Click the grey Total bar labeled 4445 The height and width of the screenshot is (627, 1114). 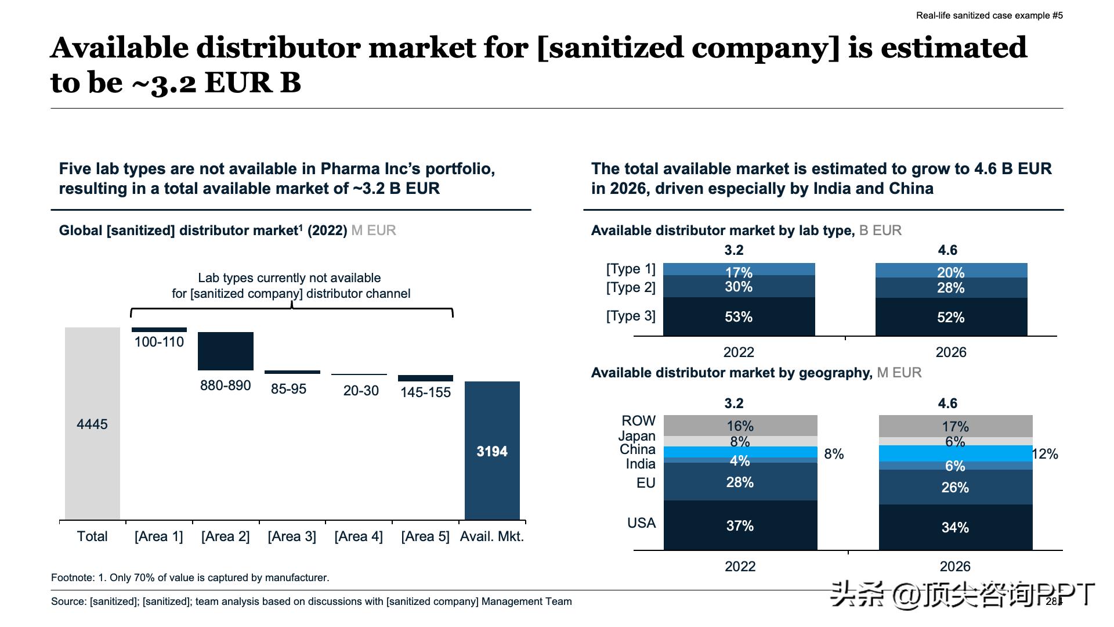pos(92,423)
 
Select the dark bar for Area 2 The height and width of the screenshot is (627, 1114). pos(226,351)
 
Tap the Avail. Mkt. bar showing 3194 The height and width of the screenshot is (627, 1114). pos(492,451)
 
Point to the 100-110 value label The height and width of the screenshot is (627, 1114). pos(159,342)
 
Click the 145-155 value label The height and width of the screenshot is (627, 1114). pos(425,392)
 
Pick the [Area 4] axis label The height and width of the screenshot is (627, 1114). pos(359,536)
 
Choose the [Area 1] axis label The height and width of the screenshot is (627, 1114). pos(158,536)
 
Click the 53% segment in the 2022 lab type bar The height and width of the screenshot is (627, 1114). pos(739,316)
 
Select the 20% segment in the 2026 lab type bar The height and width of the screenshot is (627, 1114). pos(951,271)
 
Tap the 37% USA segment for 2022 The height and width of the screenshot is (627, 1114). pos(740,525)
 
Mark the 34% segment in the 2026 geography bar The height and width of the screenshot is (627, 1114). pos(955,527)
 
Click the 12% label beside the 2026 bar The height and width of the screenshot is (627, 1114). pos(1046,454)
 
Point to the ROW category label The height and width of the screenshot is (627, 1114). pos(638,420)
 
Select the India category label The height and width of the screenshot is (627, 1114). pos(641,464)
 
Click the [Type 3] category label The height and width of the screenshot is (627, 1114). pos(631,316)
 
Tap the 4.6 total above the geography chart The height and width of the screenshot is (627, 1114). pos(947,403)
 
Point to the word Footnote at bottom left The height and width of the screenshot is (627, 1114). pos(73,578)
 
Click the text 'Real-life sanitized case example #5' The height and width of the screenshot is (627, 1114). pos(989,16)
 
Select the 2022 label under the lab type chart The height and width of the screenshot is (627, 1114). pos(739,352)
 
